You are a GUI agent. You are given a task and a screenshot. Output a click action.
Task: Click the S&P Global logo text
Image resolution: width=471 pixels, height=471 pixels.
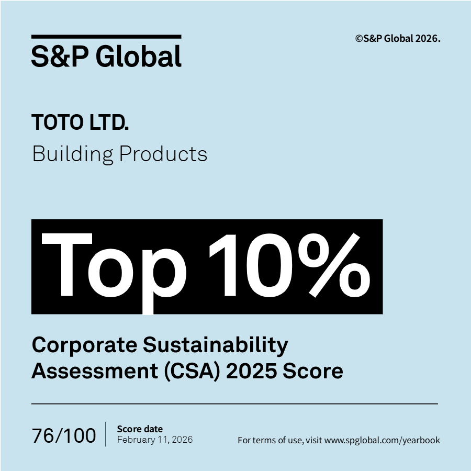[106, 56]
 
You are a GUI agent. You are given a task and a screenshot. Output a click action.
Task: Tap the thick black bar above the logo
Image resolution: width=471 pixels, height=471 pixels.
[106, 37]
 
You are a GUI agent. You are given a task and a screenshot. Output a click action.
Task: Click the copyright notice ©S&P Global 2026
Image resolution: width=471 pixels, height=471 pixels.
[398, 38]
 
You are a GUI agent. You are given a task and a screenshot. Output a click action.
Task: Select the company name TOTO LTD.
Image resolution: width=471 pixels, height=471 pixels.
[80, 123]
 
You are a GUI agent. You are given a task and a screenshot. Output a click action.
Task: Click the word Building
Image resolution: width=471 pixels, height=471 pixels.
[72, 154]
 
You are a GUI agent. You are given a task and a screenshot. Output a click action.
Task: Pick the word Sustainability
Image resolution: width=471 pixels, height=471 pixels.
[216, 346]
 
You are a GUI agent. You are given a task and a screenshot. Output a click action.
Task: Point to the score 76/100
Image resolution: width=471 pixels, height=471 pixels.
[64, 435]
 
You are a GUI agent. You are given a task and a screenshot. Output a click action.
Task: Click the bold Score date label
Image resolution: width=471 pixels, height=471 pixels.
[140, 429]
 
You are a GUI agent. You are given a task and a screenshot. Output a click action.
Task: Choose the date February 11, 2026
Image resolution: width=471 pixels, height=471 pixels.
[155, 440]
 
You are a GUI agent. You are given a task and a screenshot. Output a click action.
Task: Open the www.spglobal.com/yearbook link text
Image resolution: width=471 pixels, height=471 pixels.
[382, 440]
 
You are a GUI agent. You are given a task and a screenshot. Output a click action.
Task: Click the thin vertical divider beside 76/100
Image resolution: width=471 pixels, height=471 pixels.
[106, 434]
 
